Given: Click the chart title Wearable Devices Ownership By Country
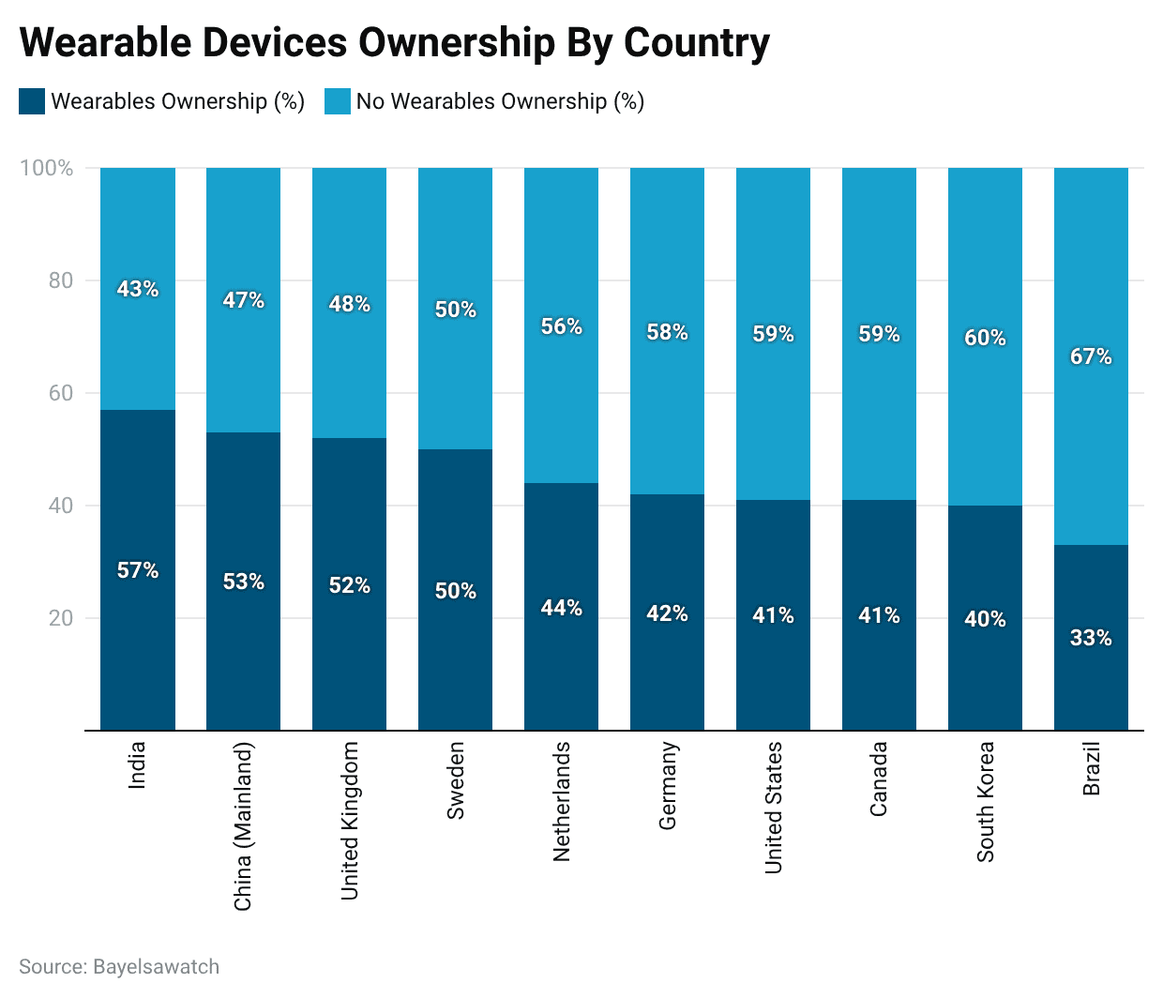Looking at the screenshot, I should (x=394, y=42).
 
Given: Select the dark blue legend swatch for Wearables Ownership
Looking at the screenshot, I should (x=32, y=101).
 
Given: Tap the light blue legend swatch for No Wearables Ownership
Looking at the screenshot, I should (x=338, y=101).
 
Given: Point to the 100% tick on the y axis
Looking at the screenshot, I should (x=46, y=168).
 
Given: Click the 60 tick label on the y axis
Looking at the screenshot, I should (x=61, y=393).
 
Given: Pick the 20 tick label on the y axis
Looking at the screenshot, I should (x=61, y=618).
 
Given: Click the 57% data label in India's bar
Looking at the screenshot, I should (x=138, y=570).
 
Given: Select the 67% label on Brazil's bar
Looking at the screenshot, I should (x=1091, y=356).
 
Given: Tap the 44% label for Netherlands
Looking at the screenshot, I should (x=562, y=608).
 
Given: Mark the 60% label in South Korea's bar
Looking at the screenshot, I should (x=985, y=338).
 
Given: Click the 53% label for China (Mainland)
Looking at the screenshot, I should (x=244, y=582).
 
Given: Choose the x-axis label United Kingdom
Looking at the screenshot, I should (x=350, y=821).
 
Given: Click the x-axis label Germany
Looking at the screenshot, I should (x=668, y=786).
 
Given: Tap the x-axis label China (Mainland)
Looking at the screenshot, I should (x=243, y=826).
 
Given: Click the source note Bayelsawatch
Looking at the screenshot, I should (x=119, y=967).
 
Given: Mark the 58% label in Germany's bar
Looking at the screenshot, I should (x=668, y=332).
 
